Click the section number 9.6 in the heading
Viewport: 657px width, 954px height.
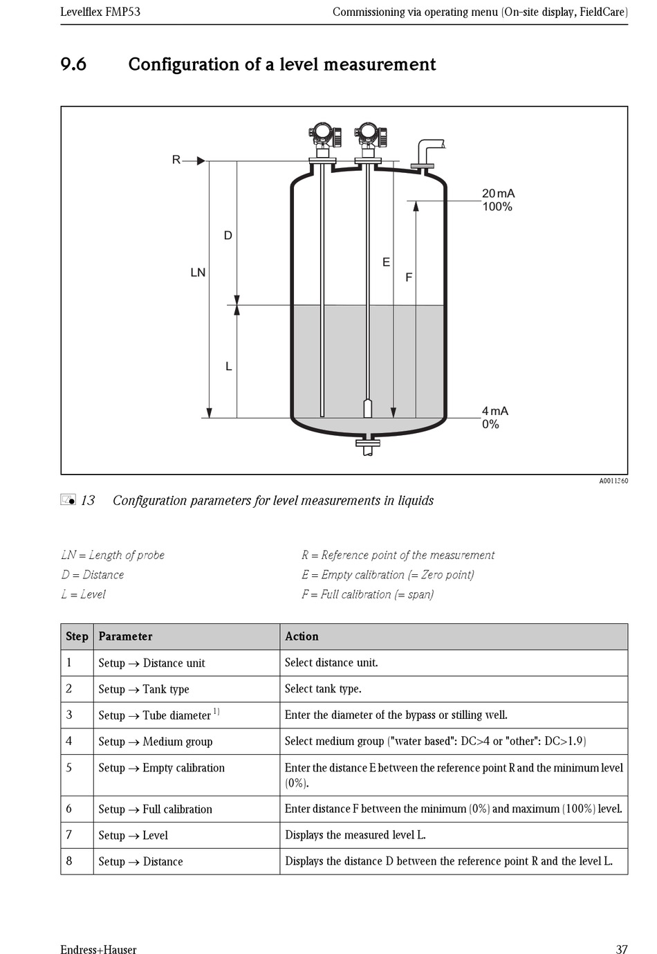73,64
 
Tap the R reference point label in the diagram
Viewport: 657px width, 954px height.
176,160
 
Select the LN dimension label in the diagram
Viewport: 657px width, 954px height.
198,273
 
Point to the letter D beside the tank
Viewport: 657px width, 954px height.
228,236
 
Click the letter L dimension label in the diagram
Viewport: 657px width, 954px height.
228,367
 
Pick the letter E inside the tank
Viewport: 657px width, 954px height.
386,262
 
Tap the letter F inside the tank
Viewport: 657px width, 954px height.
408,277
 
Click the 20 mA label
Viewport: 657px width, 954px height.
498,194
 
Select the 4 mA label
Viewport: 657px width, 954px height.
494,411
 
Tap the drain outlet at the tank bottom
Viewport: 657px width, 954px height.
368,446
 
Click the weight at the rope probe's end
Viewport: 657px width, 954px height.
368,407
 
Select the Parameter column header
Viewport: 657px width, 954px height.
125,636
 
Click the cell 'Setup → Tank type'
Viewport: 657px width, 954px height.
144,689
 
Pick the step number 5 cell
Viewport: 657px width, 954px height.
69,767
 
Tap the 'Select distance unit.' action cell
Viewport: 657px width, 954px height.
331,663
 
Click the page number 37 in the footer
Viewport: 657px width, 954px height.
621,949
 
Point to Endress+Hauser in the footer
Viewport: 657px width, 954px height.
98,949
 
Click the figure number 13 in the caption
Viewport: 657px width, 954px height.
88,500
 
